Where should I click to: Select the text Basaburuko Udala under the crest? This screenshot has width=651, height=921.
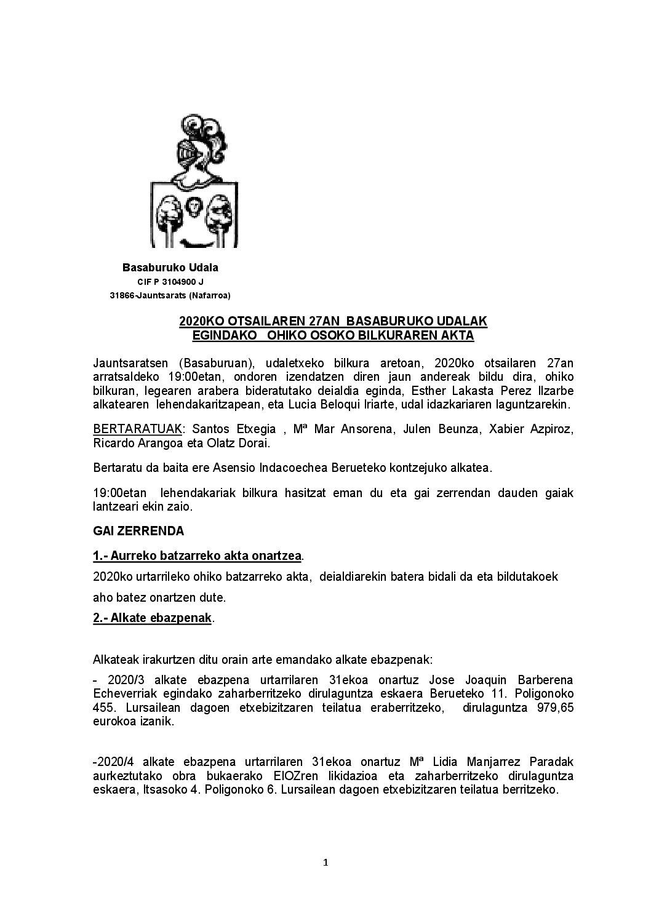point(170,268)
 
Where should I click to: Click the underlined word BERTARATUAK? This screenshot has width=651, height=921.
point(126,429)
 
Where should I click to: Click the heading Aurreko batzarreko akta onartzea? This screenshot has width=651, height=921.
point(197,556)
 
